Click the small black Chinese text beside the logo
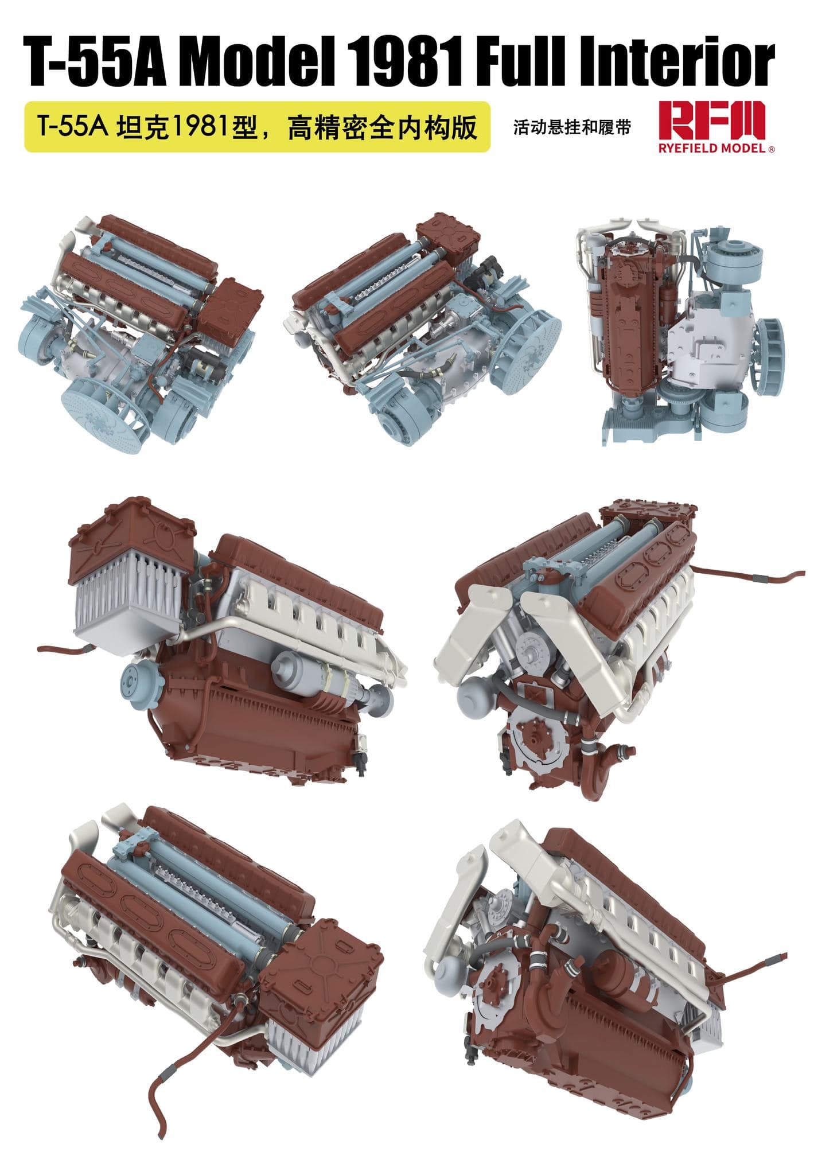pos(571,127)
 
